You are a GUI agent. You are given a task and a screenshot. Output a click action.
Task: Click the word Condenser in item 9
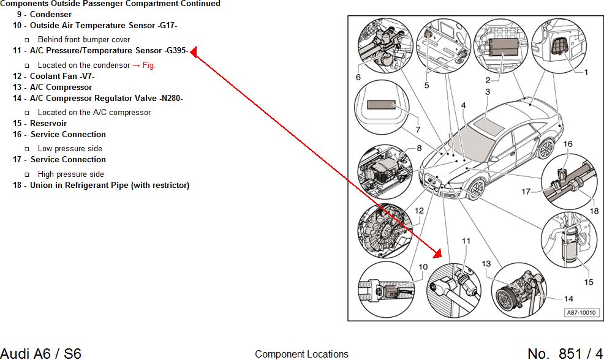point(51,14)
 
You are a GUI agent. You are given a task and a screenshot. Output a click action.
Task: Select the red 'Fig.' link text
point(149,65)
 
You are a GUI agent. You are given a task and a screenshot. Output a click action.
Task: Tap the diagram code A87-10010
point(581,312)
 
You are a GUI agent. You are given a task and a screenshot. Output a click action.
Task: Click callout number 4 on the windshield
point(464,106)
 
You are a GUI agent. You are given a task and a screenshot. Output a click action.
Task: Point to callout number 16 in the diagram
point(568,144)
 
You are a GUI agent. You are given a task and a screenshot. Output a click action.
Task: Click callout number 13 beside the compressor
point(486,264)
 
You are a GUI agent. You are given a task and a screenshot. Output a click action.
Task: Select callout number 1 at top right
point(586,72)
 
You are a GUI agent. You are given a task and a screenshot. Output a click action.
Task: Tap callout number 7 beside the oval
point(418,130)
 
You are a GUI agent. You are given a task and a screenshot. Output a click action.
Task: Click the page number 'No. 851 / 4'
point(565,353)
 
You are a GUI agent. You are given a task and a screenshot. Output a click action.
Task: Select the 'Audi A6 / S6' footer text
point(40,353)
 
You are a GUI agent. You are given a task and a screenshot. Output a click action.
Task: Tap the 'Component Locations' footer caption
point(301,354)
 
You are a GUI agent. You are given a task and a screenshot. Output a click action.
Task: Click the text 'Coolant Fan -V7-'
point(62,76)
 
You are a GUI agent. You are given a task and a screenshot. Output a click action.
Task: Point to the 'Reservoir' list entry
point(48,123)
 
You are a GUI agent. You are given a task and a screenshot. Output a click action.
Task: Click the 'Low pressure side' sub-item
point(70,148)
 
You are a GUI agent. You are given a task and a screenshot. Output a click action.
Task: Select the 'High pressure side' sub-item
point(71,174)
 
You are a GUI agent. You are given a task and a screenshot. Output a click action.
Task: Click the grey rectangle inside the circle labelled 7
point(382,105)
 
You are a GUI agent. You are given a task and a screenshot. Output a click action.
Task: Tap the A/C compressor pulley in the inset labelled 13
point(507,301)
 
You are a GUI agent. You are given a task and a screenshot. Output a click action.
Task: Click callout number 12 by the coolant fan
point(419,211)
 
